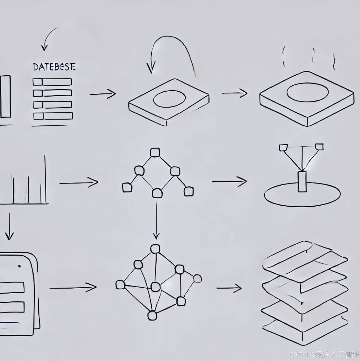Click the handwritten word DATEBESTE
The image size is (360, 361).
(54, 67)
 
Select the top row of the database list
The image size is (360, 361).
(52, 82)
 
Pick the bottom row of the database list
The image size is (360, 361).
(53, 116)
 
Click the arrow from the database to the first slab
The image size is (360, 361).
(103, 94)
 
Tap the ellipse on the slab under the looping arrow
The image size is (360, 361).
(169, 99)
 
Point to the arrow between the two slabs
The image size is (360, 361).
(234, 93)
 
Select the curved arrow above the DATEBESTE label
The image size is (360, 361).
(51, 36)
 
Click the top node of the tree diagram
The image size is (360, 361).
(155, 153)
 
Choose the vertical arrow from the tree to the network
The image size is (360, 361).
(156, 218)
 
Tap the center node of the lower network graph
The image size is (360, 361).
(155, 287)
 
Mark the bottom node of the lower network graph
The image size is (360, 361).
(152, 316)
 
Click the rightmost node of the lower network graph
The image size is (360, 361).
(197, 279)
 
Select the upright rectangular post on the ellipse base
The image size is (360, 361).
(302, 182)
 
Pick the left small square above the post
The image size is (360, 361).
(283, 147)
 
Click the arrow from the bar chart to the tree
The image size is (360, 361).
(79, 183)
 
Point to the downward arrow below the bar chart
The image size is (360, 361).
(9, 226)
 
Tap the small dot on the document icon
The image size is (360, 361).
(19, 266)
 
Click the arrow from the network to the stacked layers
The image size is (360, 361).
(229, 288)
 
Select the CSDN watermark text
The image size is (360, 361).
(324, 355)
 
